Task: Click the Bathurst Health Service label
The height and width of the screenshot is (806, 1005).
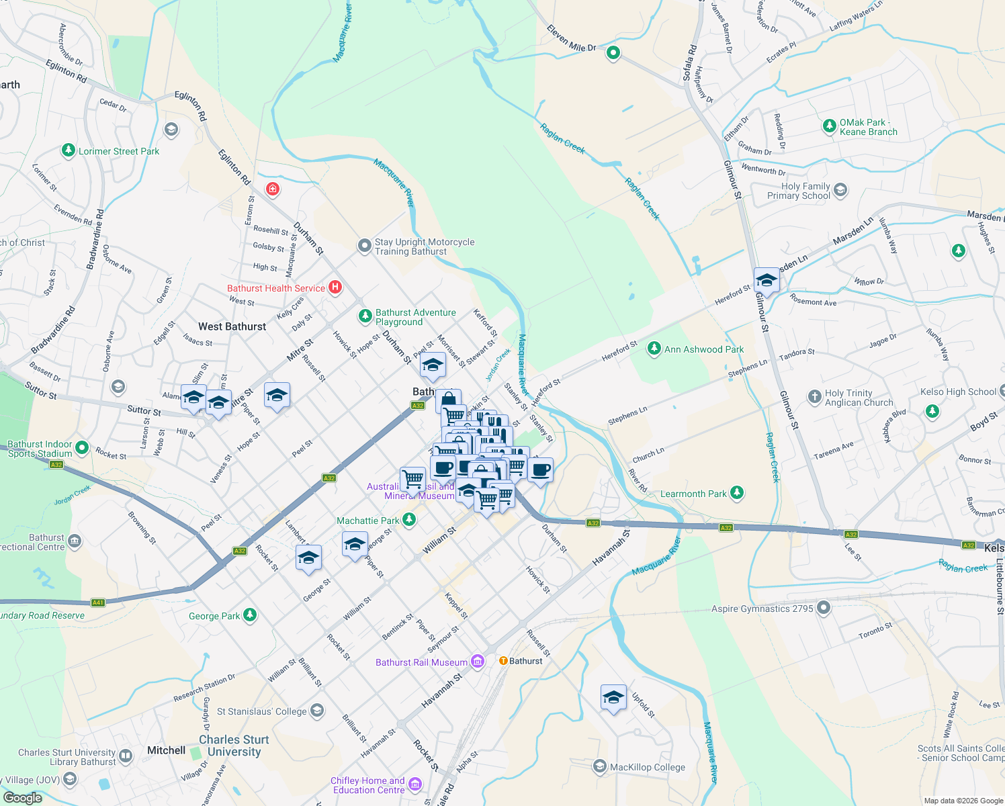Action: tap(276, 288)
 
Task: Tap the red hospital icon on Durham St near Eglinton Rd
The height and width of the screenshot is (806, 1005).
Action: tap(273, 189)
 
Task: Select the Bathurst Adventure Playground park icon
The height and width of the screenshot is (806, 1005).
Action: tap(365, 315)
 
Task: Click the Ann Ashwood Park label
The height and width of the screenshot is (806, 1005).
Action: tap(703, 349)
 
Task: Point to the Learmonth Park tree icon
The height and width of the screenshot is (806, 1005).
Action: tap(737, 494)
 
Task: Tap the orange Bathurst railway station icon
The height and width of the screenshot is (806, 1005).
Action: tap(503, 661)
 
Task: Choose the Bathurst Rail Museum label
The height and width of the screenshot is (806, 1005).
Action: tap(421, 662)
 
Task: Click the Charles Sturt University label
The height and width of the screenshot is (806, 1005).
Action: tap(234, 746)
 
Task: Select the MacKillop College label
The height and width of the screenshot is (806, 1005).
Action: tap(648, 767)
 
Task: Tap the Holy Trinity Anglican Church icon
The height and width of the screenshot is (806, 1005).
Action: tap(815, 396)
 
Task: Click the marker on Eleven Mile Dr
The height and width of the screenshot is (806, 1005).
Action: tap(613, 52)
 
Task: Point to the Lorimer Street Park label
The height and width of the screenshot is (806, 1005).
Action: tap(119, 151)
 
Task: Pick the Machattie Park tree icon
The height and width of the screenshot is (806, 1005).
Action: tap(408, 520)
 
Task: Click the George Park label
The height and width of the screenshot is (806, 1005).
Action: tap(214, 616)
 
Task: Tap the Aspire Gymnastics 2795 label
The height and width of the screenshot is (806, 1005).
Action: tap(762, 609)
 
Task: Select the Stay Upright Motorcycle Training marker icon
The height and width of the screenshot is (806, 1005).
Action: tap(364, 246)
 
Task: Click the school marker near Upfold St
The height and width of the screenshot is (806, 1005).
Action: tap(613, 698)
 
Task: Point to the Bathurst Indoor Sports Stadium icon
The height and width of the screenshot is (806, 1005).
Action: tap(82, 447)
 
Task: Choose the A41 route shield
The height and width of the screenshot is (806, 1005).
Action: tap(98, 602)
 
